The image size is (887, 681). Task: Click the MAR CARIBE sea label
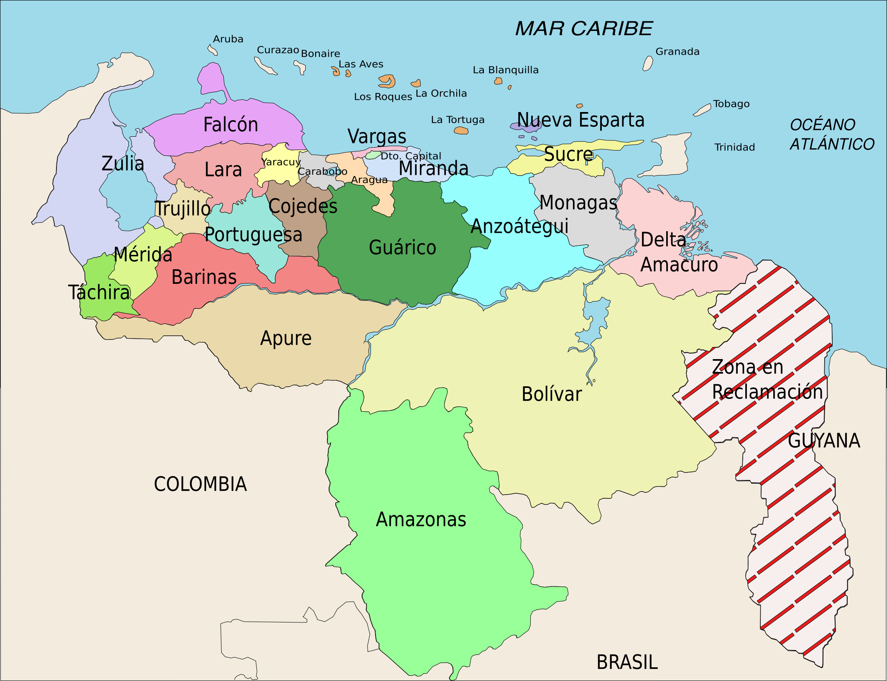point(583,29)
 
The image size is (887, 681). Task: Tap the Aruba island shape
point(212,50)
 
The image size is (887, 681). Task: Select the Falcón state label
point(230,125)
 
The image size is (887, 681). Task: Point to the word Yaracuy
point(281,162)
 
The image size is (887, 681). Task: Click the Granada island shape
point(647,64)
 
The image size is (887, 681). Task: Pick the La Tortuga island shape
point(461,131)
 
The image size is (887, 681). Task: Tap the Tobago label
point(731,104)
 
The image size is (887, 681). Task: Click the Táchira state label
point(99,292)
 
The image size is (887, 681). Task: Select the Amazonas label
point(421,520)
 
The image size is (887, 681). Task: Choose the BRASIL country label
point(627,662)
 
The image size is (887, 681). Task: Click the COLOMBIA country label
point(200,484)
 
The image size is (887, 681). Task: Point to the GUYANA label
point(823,441)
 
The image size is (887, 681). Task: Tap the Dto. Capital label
point(411,156)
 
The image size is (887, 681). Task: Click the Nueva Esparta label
point(580,120)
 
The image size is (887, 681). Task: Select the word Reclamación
point(767,392)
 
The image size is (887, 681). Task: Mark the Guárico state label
point(402,247)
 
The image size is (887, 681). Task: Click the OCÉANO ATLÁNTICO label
point(831,135)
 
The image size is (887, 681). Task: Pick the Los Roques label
point(383,97)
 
